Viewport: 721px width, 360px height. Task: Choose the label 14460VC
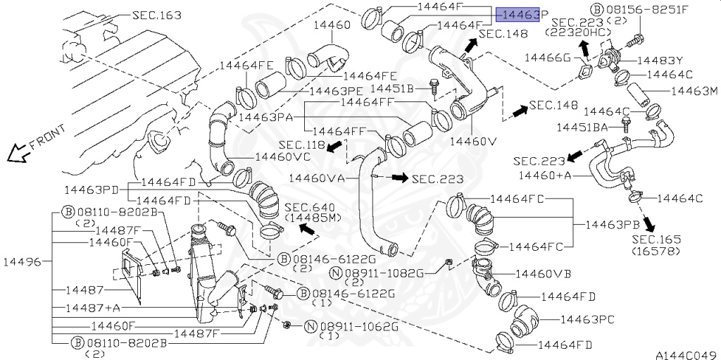coord(282,156)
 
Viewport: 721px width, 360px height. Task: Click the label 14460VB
coord(543,273)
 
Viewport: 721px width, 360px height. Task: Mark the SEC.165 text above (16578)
coord(656,240)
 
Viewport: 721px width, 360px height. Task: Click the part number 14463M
coord(693,91)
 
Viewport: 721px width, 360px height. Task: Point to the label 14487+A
coord(93,308)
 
